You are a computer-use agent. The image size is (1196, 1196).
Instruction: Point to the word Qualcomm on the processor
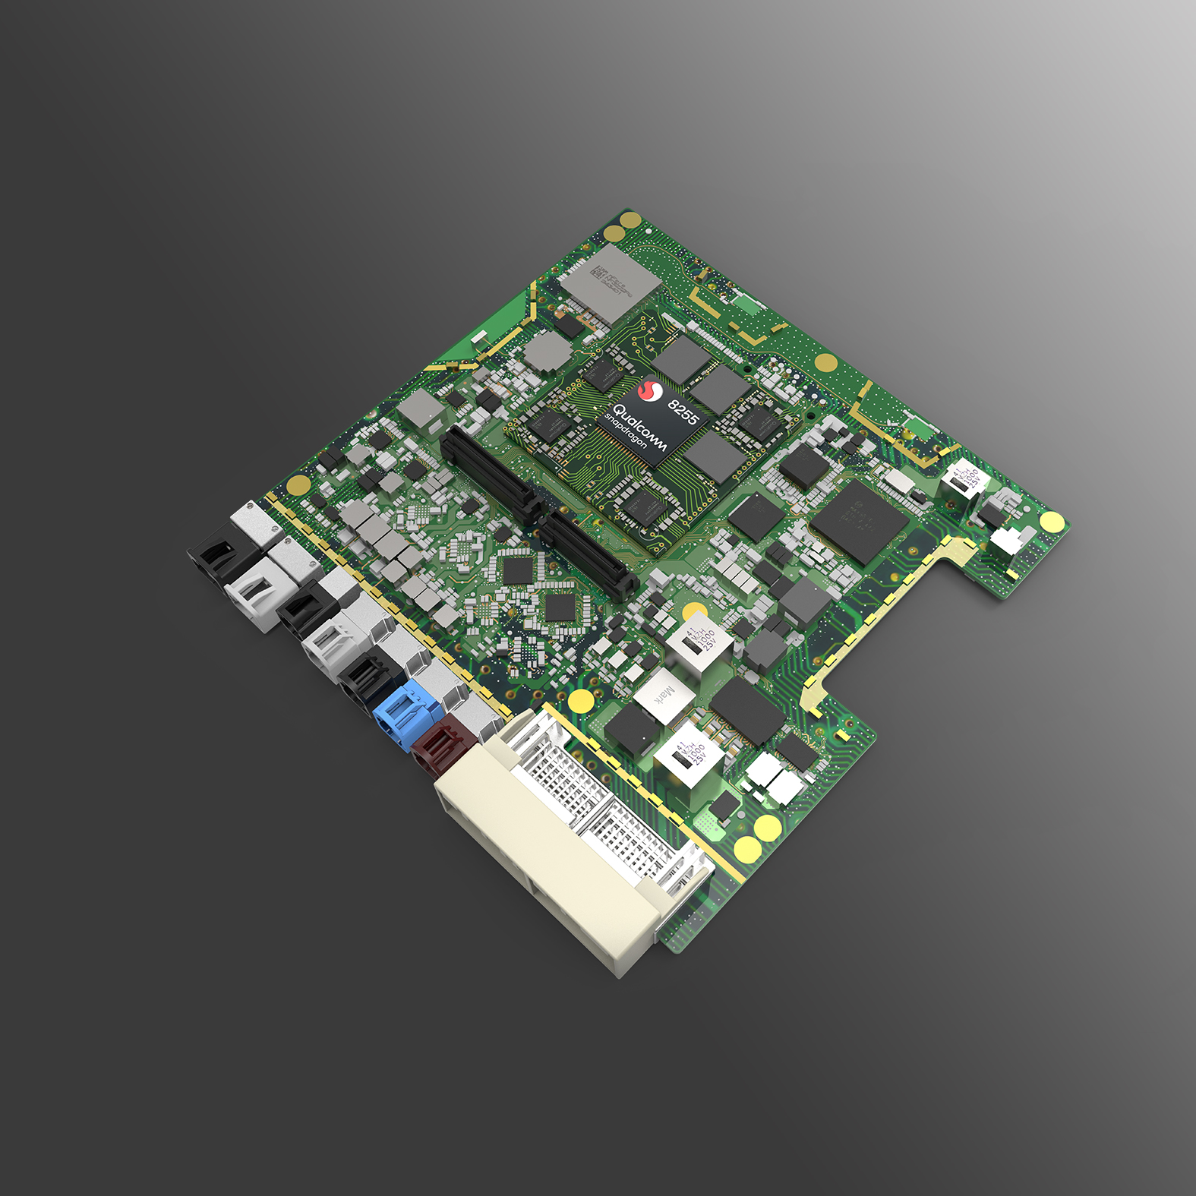click(639, 428)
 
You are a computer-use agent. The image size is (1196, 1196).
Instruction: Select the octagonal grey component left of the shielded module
click(546, 351)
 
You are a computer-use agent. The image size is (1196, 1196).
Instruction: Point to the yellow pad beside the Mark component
click(581, 699)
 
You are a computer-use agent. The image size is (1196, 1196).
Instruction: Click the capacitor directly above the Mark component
click(699, 642)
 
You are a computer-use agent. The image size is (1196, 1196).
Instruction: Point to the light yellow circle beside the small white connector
click(1052, 521)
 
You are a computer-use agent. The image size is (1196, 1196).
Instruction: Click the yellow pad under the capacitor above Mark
click(695, 611)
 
